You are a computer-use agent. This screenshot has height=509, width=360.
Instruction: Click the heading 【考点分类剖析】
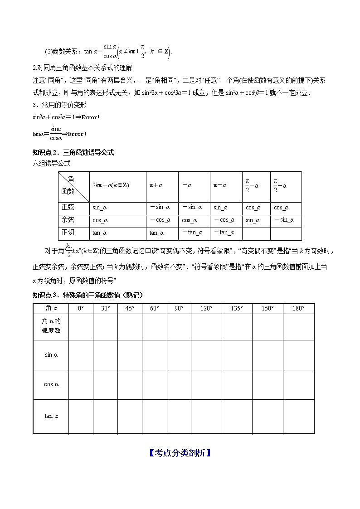[x=180, y=453]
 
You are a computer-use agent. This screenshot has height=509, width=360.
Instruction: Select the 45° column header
[x=130, y=308]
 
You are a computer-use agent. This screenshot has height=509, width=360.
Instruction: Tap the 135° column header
[x=237, y=308]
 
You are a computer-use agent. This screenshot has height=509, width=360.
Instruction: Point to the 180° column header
[x=298, y=308]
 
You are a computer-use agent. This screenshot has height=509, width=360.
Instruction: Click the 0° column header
[x=81, y=308]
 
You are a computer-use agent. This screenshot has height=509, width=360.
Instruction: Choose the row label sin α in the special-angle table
[x=51, y=355]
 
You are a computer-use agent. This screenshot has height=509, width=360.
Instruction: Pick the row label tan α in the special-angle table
[x=51, y=416]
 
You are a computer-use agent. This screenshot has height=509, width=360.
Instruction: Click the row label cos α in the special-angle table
[x=51, y=384]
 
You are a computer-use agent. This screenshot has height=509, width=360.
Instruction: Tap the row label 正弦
[x=68, y=208]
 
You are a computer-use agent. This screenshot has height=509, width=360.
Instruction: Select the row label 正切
[x=68, y=233]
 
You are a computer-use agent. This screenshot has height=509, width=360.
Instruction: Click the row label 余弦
[x=68, y=220]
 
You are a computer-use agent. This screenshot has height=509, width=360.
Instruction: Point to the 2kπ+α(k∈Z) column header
[x=111, y=185]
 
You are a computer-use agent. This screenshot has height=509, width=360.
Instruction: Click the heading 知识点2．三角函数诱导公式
[x=73, y=153]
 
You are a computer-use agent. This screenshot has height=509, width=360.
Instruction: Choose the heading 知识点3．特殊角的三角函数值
[x=88, y=295]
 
